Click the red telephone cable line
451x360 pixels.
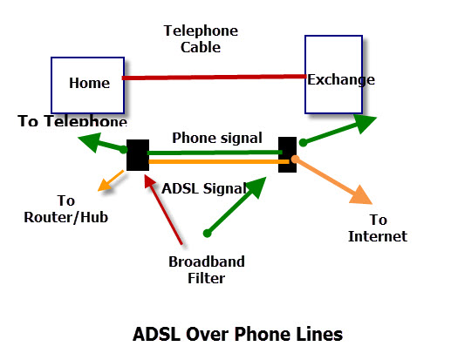(x=214, y=77)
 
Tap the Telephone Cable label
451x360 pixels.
(x=201, y=39)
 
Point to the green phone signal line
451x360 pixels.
(x=215, y=153)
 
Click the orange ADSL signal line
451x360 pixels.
(x=219, y=161)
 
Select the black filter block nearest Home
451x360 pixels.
(x=138, y=155)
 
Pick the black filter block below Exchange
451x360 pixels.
(x=287, y=154)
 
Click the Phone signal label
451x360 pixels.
(x=217, y=138)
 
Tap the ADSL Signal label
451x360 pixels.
(x=204, y=188)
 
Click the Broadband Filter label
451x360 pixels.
(x=207, y=269)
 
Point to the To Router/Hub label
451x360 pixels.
(x=66, y=209)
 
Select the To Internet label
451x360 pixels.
(x=378, y=228)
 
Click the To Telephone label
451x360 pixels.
(x=72, y=120)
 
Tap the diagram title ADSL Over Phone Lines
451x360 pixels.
(x=237, y=334)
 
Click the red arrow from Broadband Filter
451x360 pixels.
(x=163, y=210)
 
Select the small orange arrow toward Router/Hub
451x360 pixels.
(x=111, y=180)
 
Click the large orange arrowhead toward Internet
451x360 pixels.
(x=362, y=195)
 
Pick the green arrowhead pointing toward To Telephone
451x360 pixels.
(x=91, y=141)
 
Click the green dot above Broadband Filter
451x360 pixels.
(x=207, y=233)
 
